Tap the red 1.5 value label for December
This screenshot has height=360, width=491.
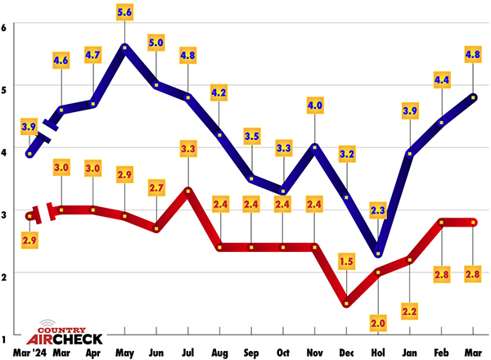(x=346, y=263)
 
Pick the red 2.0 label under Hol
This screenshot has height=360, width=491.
(x=378, y=322)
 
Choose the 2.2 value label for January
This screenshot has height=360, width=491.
(x=410, y=312)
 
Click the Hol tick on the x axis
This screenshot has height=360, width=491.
(x=378, y=353)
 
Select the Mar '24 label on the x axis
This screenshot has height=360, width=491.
(x=29, y=353)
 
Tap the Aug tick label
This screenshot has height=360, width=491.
(x=220, y=353)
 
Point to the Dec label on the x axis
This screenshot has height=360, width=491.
(x=347, y=353)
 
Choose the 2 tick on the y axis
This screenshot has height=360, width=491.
(x=5, y=273)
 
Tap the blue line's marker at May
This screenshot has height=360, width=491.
(x=124, y=47)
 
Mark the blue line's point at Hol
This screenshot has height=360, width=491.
(x=378, y=254)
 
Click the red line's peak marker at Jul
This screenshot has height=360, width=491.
(x=188, y=191)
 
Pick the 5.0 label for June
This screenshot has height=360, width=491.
(x=156, y=43)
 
